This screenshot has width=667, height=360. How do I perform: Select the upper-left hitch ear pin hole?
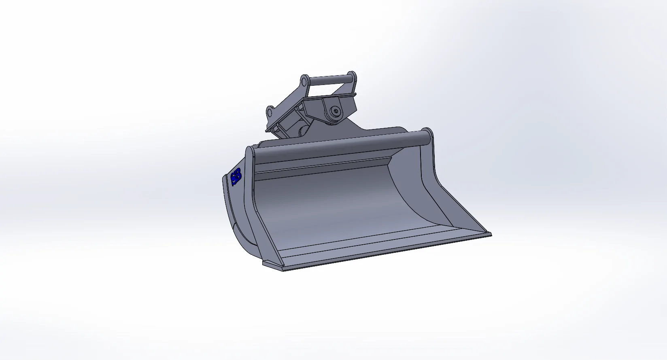[x=304, y=82]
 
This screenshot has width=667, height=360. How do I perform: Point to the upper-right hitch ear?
[x=353, y=79]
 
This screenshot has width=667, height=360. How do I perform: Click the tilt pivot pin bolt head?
[x=336, y=111]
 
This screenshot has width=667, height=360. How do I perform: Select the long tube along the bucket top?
[x=340, y=146]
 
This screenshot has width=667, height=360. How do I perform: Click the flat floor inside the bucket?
[x=364, y=243]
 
